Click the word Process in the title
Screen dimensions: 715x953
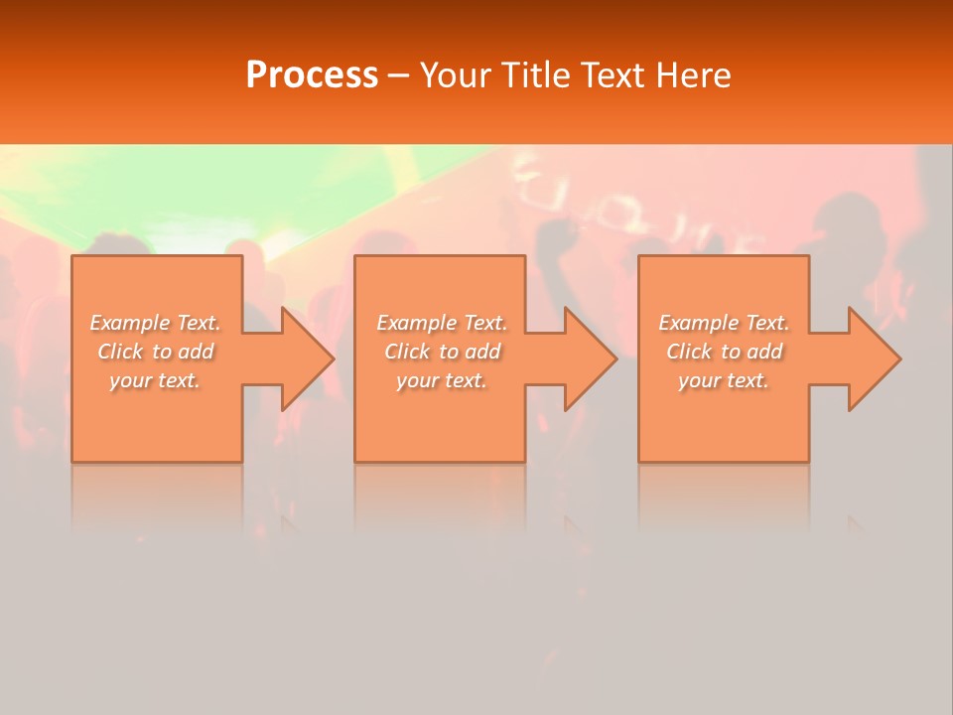coord(312,75)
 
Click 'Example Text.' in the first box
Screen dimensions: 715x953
coord(155,323)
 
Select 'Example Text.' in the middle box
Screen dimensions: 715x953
coord(442,323)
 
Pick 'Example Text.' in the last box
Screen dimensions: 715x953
coord(724,323)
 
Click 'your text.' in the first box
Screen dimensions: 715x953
coord(155,380)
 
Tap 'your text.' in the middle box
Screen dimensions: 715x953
coord(442,380)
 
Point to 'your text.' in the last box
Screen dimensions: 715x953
coord(724,380)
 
